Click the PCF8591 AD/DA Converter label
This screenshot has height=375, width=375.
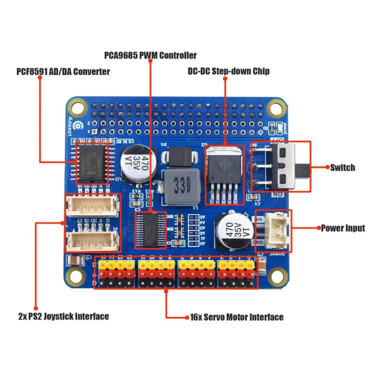pyautogui.click(x=63, y=72)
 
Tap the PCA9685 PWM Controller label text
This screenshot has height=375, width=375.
pyautogui.click(x=150, y=55)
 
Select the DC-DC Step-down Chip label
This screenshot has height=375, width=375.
pyautogui.click(x=228, y=71)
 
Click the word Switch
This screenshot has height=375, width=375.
pyautogui.click(x=342, y=167)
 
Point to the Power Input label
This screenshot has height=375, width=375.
pyautogui.click(x=343, y=228)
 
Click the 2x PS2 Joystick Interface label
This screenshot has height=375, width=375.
pyautogui.click(x=63, y=316)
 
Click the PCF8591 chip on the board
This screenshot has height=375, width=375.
pyautogui.click(x=92, y=163)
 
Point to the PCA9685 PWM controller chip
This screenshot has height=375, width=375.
pyautogui.click(x=150, y=230)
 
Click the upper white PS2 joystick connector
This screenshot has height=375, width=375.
pyautogui.click(x=92, y=205)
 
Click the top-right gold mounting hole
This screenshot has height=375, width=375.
pyautogui.click(x=277, y=108)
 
